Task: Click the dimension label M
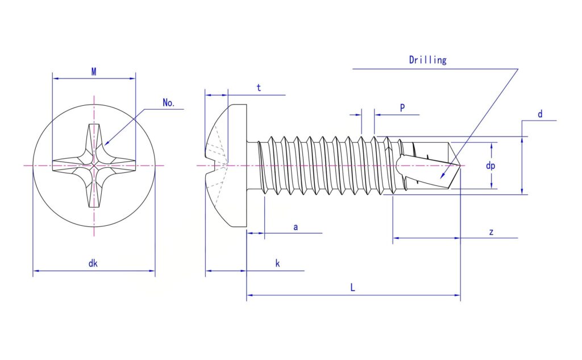click(x=94, y=71)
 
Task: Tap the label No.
click(x=168, y=103)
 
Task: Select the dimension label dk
click(x=93, y=263)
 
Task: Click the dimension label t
click(x=259, y=88)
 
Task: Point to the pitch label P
click(x=402, y=107)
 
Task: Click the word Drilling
click(x=427, y=60)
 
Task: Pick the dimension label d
click(x=540, y=114)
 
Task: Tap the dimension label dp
click(x=490, y=165)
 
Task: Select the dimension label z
click(x=491, y=232)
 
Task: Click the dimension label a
click(x=296, y=227)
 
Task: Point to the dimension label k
click(x=277, y=263)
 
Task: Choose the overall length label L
click(x=352, y=287)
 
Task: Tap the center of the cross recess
click(x=94, y=165)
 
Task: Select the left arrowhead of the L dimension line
click(x=250, y=295)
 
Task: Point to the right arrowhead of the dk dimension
click(x=152, y=271)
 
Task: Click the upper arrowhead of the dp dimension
click(x=492, y=146)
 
